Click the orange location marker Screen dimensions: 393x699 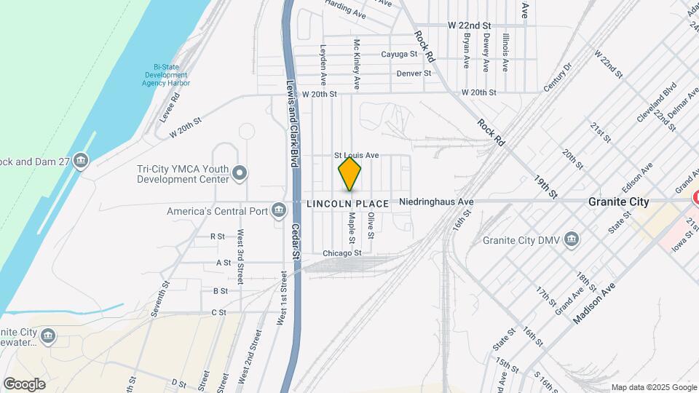point(350,174)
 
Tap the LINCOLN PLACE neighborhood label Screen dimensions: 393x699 point(347,204)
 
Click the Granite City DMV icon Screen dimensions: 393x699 point(572,239)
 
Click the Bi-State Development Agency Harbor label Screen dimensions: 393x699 point(166,75)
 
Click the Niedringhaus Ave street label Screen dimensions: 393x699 point(436,202)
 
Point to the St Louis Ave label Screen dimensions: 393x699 point(357,155)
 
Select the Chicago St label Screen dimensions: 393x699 point(342,253)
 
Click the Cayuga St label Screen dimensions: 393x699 point(399,54)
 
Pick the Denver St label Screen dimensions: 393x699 point(414,74)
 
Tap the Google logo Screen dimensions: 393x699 point(25,384)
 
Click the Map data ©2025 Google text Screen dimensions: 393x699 point(652,386)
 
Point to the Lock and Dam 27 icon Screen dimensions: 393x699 point(81,160)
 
